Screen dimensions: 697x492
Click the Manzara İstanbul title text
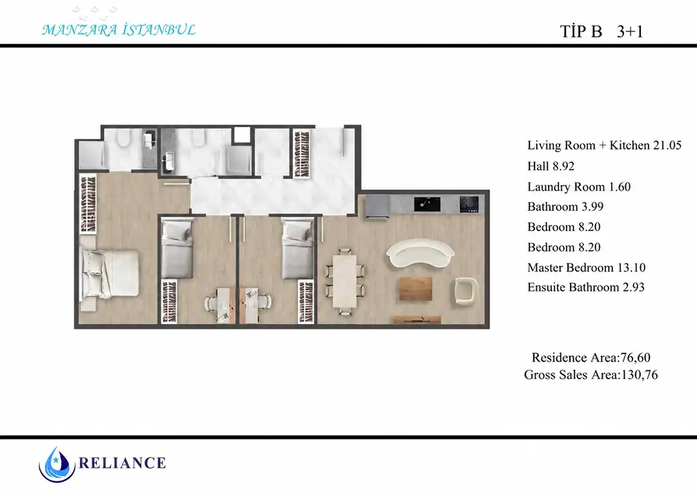(119, 30)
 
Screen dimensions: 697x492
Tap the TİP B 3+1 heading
(601, 32)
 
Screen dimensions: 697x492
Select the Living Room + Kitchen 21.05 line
(604, 145)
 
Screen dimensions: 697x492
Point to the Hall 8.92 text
(551, 166)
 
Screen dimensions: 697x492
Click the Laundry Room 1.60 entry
(579, 186)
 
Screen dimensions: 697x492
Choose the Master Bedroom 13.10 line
(586, 268)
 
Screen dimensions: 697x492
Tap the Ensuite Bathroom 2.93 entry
(585, 288)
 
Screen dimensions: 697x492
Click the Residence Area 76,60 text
(591, 357)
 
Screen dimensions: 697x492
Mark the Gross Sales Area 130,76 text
(591, 375)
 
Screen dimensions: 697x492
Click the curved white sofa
(420, 252)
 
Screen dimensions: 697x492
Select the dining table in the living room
(345, 281)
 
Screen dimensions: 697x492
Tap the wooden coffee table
(416, 289)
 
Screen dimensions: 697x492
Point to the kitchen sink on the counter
(427, 204)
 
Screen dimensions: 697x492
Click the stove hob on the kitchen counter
(469, 204)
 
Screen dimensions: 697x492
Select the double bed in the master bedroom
(109, 273)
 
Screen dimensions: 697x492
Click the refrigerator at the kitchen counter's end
(378, 207)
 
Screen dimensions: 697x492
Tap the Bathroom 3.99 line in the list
(565, 206)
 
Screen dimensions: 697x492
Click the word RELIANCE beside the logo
(122, 463)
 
